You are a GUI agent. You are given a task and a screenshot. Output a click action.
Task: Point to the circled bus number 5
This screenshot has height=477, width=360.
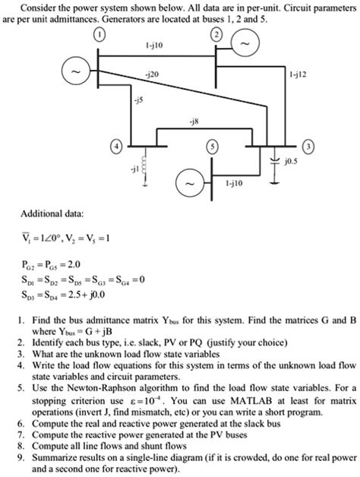coord(214,146)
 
